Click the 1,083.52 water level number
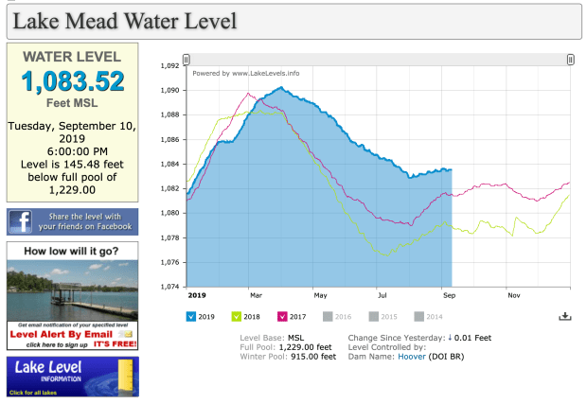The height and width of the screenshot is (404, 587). tap(72, 80)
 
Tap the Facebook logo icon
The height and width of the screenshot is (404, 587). tap(21, 221)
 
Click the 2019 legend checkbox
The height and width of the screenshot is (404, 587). tap(191, 316)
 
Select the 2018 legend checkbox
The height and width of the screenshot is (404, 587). tap(237, 316)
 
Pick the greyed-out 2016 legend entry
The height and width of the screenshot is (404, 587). tap(336, 316)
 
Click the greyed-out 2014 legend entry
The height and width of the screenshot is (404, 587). tap(427, 316)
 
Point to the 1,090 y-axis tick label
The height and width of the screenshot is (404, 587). tap(169, 91)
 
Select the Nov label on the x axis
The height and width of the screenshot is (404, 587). tap(513, 295)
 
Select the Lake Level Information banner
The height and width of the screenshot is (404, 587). tap(72, 376)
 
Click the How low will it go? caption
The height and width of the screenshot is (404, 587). tap(72, 252)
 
